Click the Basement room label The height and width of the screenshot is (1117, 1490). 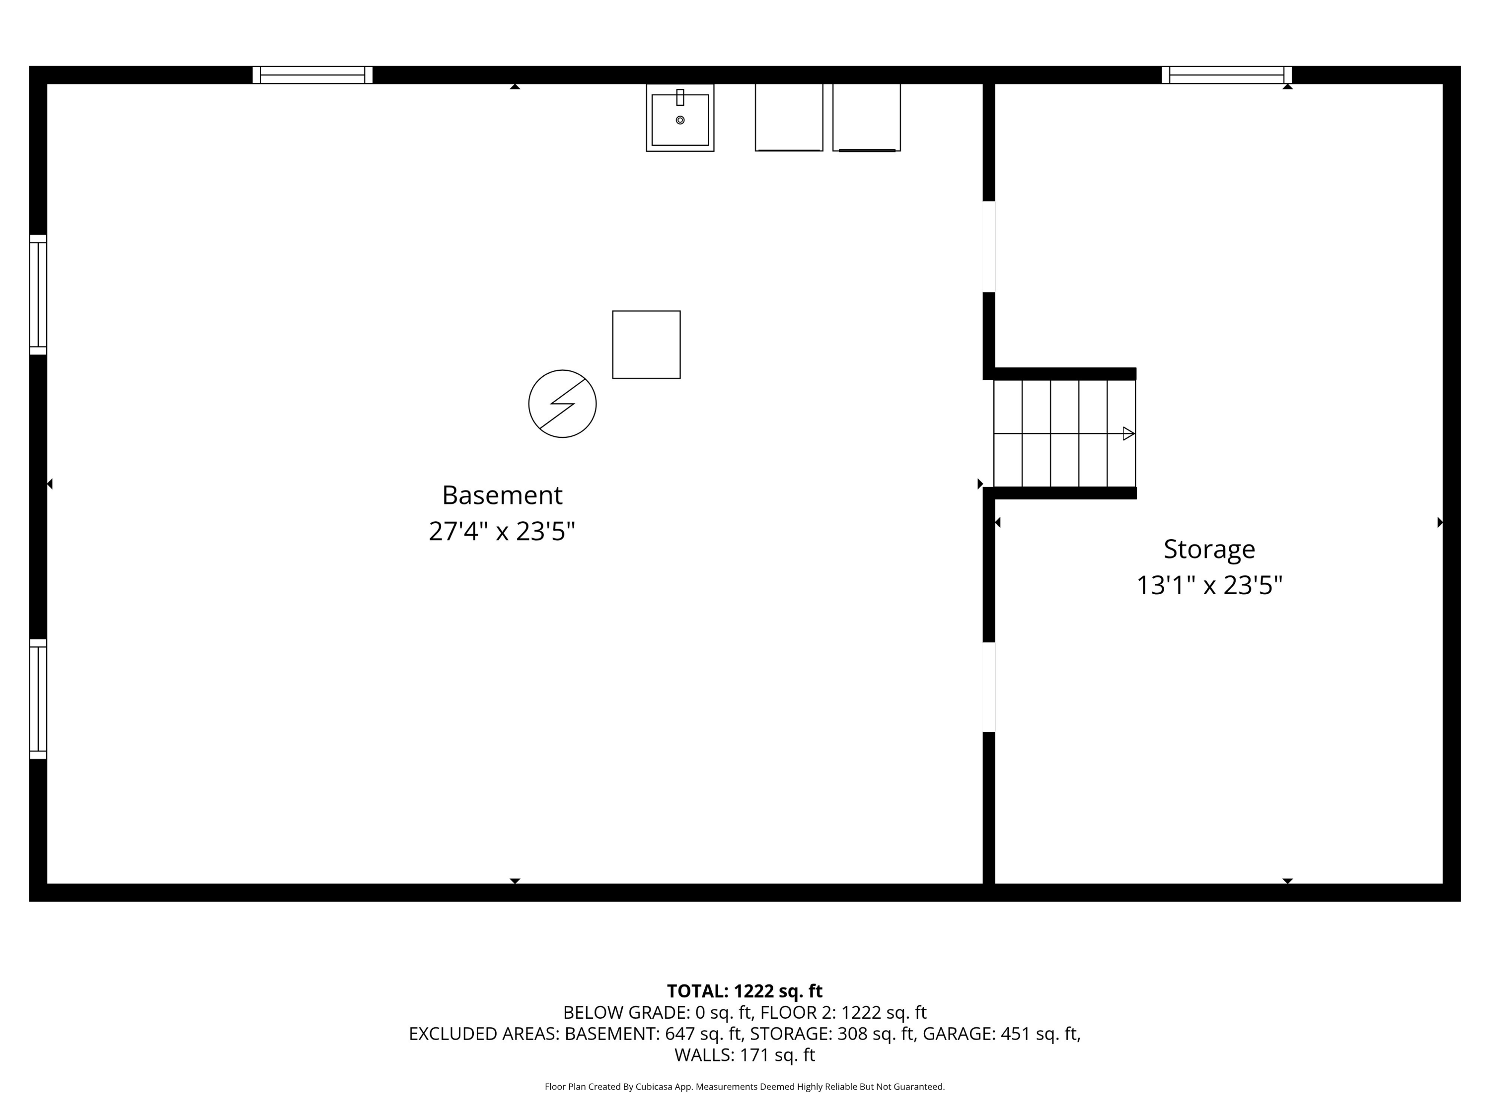pyautogui.click(x=502, y=495)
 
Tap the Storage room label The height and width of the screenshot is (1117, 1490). pyautogui.click(x=1209, y=550)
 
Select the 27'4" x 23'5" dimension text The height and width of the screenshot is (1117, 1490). pyautogui.click(x=502, y=532)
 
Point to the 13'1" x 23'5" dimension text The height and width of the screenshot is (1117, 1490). pyautogui.click(x=1209, y=586)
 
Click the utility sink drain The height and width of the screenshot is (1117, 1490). pyautogui.click(x=680, y=120)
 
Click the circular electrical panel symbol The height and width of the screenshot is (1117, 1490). pyautogui.click(x=562, y=404)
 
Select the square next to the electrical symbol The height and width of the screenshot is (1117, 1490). pyautogui.click(x=646, y=345)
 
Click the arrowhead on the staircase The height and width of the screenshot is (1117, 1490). pyautogui.click(x=1128, y=433)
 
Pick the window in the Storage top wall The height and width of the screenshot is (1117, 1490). pyautogui.click(x=1227, y=75)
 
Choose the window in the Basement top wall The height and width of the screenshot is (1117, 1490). pyautogui.click(x=312, y=75)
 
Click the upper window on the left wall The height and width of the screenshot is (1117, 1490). pyautogui.click(x=38, y=294)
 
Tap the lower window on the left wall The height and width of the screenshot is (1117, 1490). pyautogui.click(x=38, y=699)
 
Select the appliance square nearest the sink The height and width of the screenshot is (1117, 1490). pyautogui.click(x=789, y=117)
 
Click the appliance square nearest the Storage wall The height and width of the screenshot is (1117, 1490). pyautogui.click(x=866, y=117)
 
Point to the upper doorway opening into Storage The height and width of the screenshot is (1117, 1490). pyautogui.click(x=989, y=246)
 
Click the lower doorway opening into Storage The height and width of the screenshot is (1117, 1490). pyautogui.click(x=989, y=687)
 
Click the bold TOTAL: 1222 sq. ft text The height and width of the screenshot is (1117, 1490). pyautogui.click(x=745, y=991)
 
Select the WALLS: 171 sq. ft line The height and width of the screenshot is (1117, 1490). pyautogui.click(x=745, y=1055)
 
